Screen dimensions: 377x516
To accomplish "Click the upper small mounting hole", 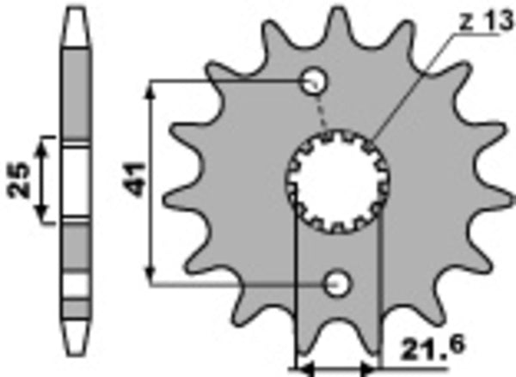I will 316,82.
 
